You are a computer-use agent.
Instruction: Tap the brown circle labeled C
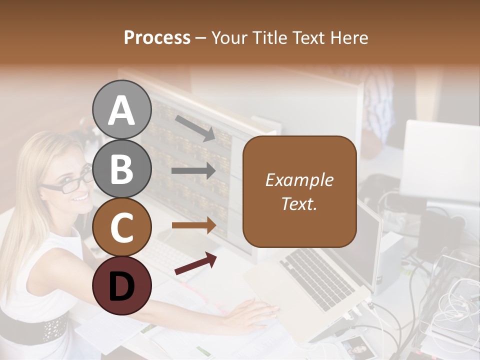click(122, 227)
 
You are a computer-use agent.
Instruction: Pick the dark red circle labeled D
click(122, 285)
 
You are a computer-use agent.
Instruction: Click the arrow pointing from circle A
click(195, 128)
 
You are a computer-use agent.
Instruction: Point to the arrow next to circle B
click(193, 171)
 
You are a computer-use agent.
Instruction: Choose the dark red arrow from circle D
click(195, 263)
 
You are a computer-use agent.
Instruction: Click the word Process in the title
click(157, 37)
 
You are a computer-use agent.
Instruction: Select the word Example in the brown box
click(299, 180)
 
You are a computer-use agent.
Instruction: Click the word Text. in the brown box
click(299, 203)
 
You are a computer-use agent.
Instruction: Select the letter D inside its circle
click(122, 286)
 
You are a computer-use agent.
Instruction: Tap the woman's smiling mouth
click(80, 198)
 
